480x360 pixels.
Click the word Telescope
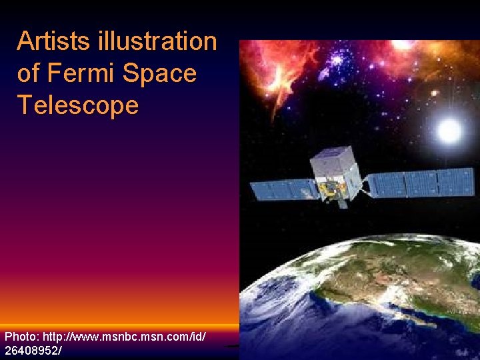click(78, 105)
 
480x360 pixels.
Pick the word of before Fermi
click(28, 73)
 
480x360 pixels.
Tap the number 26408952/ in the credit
click(33, 350)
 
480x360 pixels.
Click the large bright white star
click(449, 131)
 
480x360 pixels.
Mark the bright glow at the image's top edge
click(404, 44)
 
